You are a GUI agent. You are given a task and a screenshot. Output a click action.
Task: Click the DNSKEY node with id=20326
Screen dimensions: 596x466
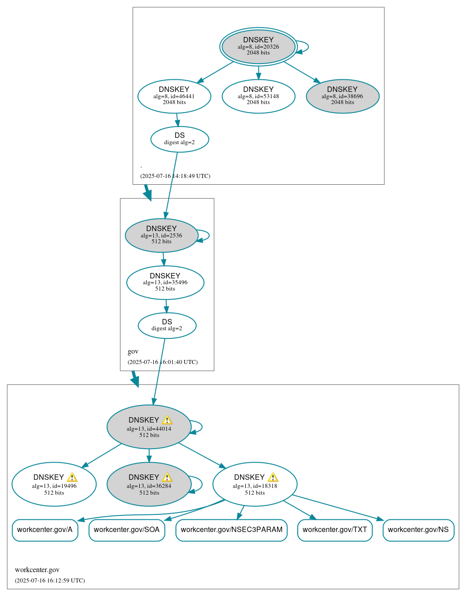[x=258, y=46]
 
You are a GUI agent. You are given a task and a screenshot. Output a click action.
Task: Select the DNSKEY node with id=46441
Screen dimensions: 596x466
[x=174, y=96]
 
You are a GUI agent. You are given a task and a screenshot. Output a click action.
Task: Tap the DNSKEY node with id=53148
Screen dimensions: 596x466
[x=258, y=96]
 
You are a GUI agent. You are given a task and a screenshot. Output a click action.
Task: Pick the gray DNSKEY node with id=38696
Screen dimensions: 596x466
[x=342, y=96]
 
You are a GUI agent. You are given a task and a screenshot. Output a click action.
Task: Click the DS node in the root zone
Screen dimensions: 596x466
[x=180, y=139]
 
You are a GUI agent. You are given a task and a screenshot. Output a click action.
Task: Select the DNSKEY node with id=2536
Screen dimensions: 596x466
[x=161, y=235]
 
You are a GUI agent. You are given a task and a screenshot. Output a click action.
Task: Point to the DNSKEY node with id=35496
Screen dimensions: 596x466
[x=165, y=282]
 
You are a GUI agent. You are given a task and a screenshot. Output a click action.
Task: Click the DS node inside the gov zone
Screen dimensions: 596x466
[x=167, y=325]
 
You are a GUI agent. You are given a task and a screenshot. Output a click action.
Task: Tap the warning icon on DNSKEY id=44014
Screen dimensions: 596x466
[x=167, y=420]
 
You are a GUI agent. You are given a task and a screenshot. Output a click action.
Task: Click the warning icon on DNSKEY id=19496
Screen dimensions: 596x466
[x=72, y=478]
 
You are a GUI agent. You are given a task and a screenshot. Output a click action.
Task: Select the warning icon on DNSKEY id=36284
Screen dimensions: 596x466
[x=167, y=478]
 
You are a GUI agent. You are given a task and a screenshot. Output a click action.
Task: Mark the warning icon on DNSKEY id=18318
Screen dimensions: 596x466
[x=273, y=478]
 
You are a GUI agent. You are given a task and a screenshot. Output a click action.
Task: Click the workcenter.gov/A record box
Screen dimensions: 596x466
[x=45, y=530]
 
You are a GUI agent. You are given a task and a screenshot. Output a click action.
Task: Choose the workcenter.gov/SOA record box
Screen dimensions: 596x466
[x=127, y=530]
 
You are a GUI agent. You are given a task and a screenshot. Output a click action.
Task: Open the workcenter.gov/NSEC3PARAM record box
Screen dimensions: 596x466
[x=231, y=530]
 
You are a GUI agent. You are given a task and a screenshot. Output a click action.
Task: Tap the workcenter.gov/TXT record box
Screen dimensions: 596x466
[x=335, y=530]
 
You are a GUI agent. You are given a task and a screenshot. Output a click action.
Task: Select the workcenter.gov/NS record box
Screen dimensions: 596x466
[x=418, y=530]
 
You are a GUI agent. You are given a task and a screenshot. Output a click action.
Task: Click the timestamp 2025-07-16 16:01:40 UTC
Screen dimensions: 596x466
[x=162, y=362]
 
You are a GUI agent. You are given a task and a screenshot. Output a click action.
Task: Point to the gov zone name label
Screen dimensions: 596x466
[x=133, y=352]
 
